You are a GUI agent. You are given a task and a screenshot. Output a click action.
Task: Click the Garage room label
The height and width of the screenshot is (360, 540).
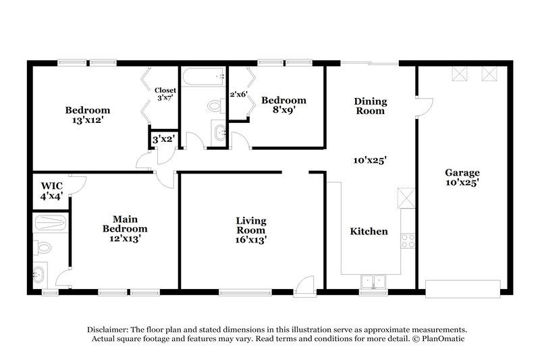(x=462, y=177)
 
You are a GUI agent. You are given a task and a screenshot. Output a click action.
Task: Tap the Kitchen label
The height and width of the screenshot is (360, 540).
(x=369, y=231)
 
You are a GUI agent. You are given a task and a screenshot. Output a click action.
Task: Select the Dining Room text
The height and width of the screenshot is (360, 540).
(x=371, y=106)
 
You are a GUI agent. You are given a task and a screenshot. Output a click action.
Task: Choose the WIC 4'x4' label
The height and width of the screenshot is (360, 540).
(x=50, y=190)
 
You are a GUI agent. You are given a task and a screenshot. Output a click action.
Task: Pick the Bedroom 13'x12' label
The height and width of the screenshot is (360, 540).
(x=87, y=115)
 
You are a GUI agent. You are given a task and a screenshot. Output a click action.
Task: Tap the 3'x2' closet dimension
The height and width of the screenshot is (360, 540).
(x=163, y=139)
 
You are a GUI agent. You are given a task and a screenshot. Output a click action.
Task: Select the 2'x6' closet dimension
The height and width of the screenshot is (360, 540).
(x=238, y=95)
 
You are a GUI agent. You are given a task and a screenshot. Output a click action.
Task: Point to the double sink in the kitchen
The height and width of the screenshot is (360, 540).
(x=371, y=281)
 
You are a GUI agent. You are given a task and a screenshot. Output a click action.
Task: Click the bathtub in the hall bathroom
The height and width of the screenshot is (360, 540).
(x=203, y=78)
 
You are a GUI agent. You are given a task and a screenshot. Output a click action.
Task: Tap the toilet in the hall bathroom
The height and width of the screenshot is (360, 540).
(x=215, y=106)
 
